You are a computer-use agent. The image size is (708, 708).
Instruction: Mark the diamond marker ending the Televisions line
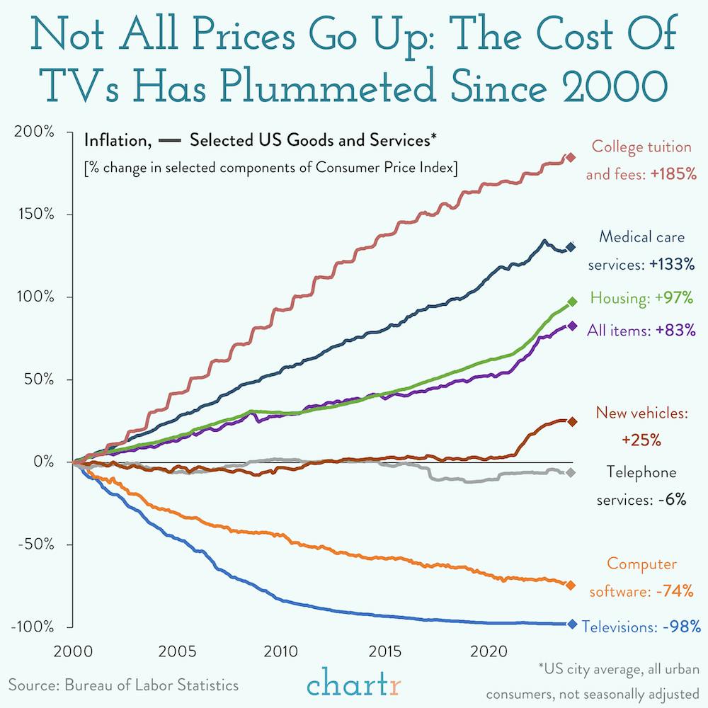point(572,624)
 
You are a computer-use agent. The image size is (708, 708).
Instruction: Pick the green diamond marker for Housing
point(573,302)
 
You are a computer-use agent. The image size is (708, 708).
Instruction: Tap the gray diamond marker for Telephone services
point(571,473)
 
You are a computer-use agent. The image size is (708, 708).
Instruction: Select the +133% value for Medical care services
point(669,265)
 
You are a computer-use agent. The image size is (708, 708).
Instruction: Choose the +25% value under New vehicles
point(641,440)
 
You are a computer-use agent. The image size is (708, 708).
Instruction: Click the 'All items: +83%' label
point(641,330)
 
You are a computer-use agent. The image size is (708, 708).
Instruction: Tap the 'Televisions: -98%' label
point(641,627)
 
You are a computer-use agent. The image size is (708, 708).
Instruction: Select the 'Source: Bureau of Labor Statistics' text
point(124,685)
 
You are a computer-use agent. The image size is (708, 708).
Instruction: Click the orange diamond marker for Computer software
point(571,585)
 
